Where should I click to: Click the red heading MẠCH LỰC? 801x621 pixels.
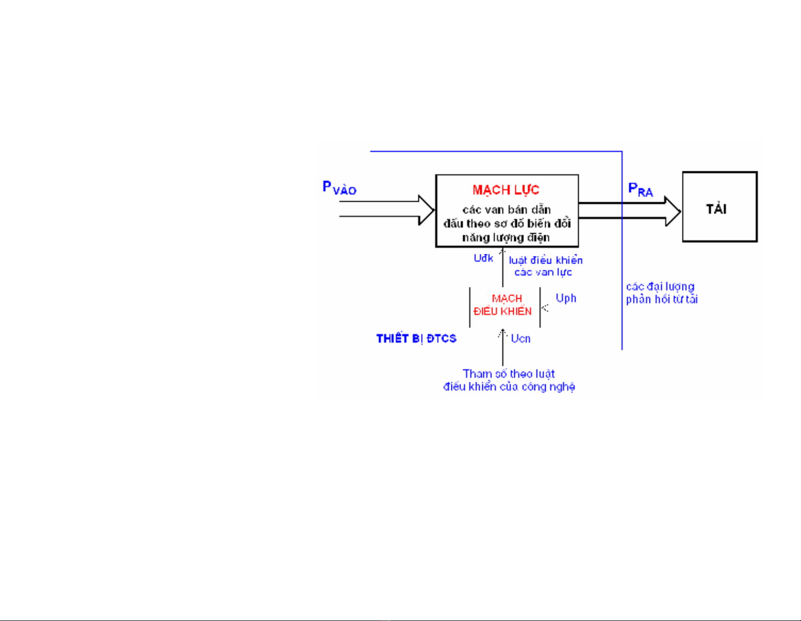tap(506, 190)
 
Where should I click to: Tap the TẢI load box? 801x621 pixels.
tap(719, 207)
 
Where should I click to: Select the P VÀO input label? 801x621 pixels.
tap(339, 188)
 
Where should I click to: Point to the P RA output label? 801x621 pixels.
tap(640, 190)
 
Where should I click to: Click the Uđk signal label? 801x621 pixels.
tap(483, 259)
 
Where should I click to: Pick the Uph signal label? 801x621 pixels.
tap(566, 298)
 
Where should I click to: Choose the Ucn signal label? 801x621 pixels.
tap(520, 339)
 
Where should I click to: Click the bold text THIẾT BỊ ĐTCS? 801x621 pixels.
tap(416, 339)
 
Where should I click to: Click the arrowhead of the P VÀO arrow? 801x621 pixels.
tap(427, 209)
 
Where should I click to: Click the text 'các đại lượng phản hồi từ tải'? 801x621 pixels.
tap(661, 293)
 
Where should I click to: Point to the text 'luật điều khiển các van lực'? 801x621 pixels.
tap(545, 266)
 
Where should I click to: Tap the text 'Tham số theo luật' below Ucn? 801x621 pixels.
tap(508, 374)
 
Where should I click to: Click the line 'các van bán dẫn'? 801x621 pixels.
tap(506, 210)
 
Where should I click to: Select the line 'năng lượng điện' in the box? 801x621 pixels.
tap(506, 237)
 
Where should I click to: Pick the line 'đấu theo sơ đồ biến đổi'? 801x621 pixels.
tap(507, 224)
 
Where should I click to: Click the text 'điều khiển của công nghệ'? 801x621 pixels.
tap(509, 387)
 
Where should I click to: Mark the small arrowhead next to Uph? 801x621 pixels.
tap(545, 307)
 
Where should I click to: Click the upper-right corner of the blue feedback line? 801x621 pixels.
tap(622, 151)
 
